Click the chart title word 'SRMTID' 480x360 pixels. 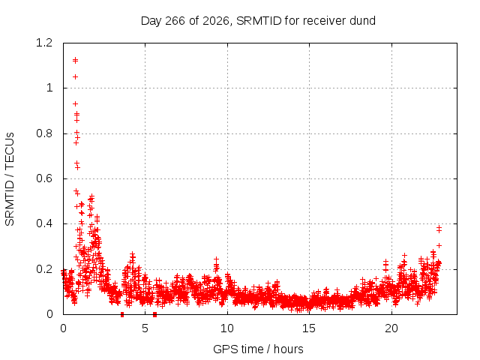(259, 21)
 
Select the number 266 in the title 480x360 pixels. (175, 21)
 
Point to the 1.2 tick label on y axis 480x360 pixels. (44, 43)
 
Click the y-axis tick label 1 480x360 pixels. (49, 88)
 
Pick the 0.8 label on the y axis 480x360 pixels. (44, 133)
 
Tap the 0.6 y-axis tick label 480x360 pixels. (44, 178)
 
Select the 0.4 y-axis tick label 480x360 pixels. (44, 223)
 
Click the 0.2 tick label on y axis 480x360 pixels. (44, 269)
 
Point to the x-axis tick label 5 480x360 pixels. (145, 328)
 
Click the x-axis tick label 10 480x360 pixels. (226, 328)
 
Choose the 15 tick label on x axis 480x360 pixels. (309, 328)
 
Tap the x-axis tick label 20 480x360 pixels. (391, 328)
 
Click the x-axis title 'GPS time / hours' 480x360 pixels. (258, 349)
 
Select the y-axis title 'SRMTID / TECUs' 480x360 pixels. (10, 179)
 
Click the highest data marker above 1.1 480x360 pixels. (75, 60)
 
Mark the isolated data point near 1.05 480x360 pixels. (75, 76)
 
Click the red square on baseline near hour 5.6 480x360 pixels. (155, 315)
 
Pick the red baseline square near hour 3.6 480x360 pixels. (122, 315)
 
